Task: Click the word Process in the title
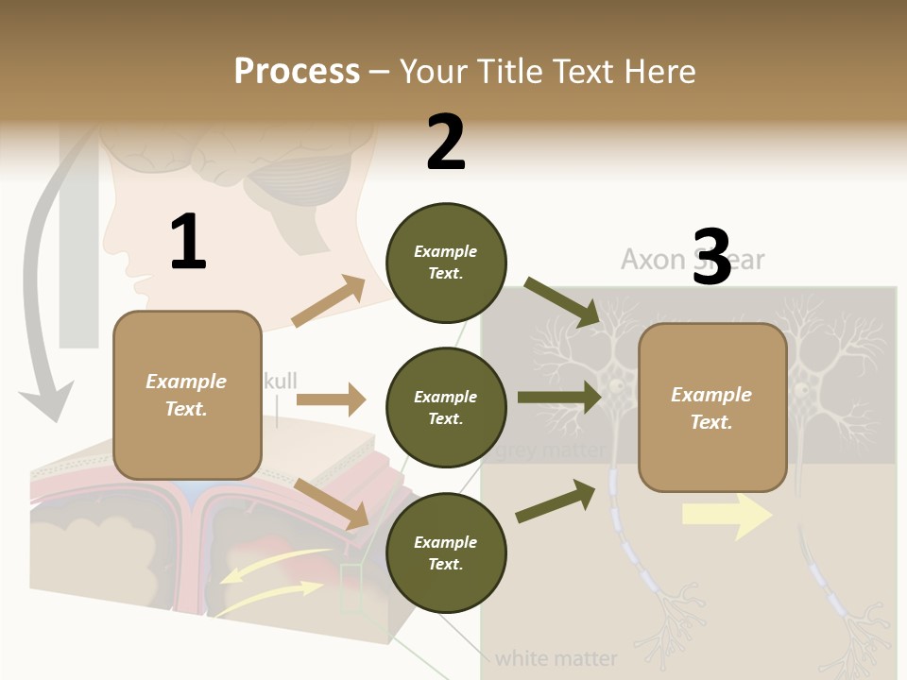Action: (297, 71)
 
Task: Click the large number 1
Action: (188, 242)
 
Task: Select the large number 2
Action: (446, 143)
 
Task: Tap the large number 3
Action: (712, 257)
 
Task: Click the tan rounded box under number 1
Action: (187, 395)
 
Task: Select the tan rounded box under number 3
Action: (712, 408)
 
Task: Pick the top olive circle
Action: (446, 263)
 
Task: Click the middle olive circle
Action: (446, 408)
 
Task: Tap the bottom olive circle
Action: (446, 553)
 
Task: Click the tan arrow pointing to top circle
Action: (329, 302)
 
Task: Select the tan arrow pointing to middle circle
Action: (331, 399)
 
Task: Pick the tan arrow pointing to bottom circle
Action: (331, 502)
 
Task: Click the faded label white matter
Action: (556, 657)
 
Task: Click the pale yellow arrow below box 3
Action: (726, 515)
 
